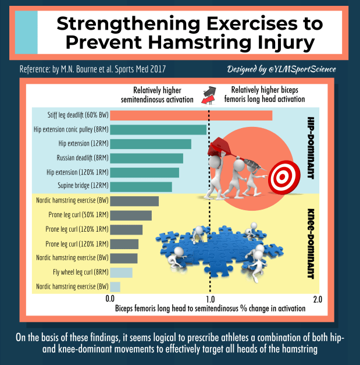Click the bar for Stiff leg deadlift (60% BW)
[191, 115]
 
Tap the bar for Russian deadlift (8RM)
[146, 158]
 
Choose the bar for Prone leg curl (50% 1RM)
[130, 215]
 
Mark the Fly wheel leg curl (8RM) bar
[121, 272]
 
